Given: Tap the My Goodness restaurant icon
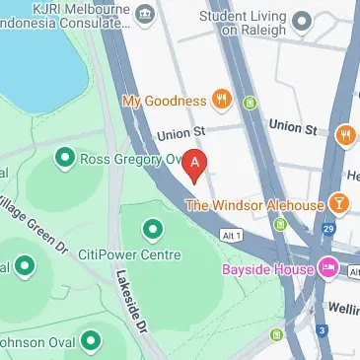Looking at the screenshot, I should (x=224, y=100).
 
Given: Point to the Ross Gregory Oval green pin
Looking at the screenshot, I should (x=66, y=157).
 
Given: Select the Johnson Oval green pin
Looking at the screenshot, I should (x=91, y=341).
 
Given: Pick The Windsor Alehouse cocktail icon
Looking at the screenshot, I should (x=339, y=204).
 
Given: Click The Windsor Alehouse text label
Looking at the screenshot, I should (x=254, y=205).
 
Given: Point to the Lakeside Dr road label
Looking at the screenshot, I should (x=131, y=300).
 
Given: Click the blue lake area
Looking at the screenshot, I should (x=35, y=49).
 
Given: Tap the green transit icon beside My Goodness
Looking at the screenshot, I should (x=251, y=102).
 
